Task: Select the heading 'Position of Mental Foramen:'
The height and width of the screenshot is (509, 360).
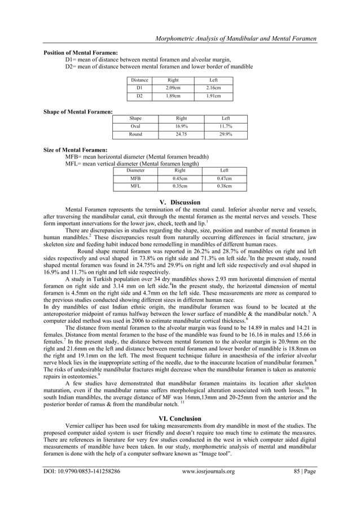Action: click(x=81, y=52)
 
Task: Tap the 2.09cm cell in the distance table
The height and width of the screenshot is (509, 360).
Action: click(x=173, y=89)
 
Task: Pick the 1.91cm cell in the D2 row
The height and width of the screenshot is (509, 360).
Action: click(x=213, y=96)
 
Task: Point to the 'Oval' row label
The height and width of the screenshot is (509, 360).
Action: click(x=135, y=126)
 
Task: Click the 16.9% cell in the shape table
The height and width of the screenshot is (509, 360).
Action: click(x=180, y=126)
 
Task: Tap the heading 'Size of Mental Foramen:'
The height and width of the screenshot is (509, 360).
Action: click(x=76, y=150)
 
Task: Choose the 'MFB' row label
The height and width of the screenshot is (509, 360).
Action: click(x=135, y=178)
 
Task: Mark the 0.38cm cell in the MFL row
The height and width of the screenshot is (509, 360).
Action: click(x=224, y=186)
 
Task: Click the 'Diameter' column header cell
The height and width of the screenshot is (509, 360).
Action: click(x=135, y=170)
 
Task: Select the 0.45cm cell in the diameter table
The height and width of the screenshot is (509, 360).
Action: click(x=180, y=178)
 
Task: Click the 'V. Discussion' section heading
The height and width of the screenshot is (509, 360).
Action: click(x=180, y=202)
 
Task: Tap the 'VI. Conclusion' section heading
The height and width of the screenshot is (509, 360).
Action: click(x=180, y=418)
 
